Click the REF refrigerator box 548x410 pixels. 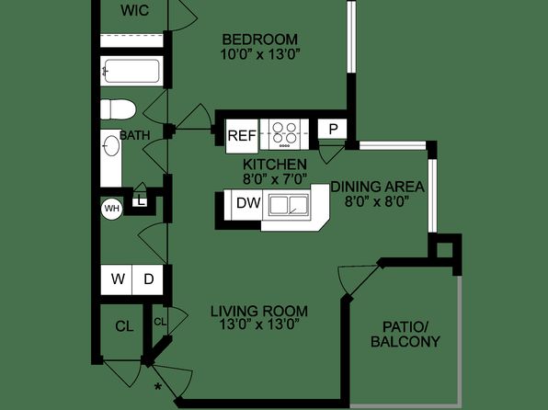click(242, 136)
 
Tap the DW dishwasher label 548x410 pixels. click(248, 203)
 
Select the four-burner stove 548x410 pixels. click(284, 134)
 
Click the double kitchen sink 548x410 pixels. click(289, 204)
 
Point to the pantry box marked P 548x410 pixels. click(332, 129)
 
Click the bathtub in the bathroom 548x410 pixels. click(131, 71)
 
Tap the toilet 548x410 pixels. click(118, 109)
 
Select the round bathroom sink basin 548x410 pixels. click(111, 146)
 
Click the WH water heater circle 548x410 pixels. click(112, 209)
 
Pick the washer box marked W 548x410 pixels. click(116, 279)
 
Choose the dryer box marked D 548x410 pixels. click(147, 279)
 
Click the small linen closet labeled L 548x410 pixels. click(141, 201)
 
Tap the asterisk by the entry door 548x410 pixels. click(158, 387)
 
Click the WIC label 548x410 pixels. click(134, 10)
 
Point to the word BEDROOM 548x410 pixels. click(260, 40)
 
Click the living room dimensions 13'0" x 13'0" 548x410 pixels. click(259, 325)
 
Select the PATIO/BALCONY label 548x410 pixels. click(405, 335)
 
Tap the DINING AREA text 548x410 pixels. click(378, 187)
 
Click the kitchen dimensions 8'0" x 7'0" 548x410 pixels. click(275, 179)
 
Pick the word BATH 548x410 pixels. click(135, 135)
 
